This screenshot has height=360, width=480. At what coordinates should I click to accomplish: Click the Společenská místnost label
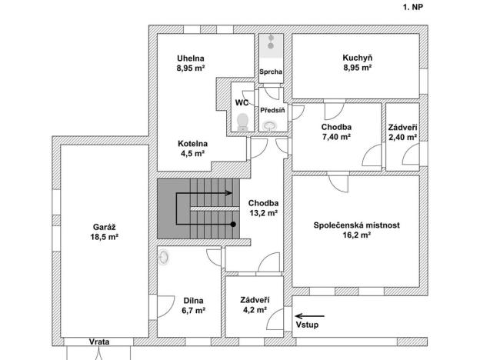(355, 225)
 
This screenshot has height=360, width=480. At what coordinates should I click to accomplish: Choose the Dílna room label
(194, 301)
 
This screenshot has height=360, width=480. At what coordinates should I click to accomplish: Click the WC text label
(241, 102)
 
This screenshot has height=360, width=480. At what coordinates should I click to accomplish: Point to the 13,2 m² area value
(262, 214)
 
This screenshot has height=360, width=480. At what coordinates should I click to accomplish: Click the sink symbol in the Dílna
(164, 258)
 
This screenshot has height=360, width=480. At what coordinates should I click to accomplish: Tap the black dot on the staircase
(233, 224)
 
